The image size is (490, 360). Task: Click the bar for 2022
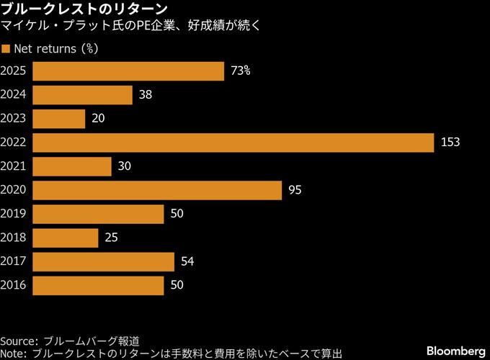click(233, 143)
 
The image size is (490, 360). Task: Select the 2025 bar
click(128, 71)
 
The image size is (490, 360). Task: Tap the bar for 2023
click(58, 119)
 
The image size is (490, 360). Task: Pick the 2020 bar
click(157, 190)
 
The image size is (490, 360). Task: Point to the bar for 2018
click(65, 238)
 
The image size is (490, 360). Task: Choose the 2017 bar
click(103, 261)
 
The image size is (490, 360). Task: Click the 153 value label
click(450, 143)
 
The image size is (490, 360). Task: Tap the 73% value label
click(241, 71)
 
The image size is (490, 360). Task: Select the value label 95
click(294, 190)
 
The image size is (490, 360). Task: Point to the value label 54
click(187, 261)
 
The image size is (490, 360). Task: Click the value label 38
click(145, 95)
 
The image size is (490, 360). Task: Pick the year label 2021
click(14, 166)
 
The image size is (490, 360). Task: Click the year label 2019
click(14, 214)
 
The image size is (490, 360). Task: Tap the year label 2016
click(14, 285)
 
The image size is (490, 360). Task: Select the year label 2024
click(14, 95)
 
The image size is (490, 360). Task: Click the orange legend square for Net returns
click(6, 49)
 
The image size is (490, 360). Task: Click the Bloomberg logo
click(455, 351)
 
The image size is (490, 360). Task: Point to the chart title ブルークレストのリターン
click(84, 9)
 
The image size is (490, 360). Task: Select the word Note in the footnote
click(14, 354)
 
